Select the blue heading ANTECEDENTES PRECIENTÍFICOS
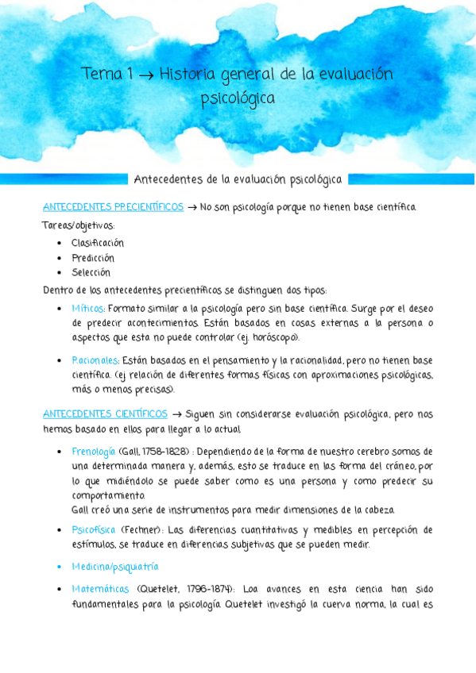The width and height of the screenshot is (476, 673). tap(113, 207)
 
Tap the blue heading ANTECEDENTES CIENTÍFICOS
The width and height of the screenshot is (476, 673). tap(105, 414)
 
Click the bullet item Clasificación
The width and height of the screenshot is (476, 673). tap(97, 243)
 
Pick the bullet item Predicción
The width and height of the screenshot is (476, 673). tap(92, 258)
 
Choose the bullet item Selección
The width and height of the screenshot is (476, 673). tap(91, 272)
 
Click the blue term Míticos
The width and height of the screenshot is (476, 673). tap(87, 308)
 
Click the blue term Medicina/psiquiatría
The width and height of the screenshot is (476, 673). tap(114, 567)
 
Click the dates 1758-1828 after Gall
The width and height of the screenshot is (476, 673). tap(163, 452)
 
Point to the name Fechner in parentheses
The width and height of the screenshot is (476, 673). tap(141, 529)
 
